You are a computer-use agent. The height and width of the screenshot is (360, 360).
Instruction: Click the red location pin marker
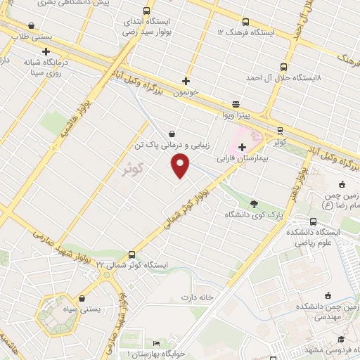[x=181, y=165]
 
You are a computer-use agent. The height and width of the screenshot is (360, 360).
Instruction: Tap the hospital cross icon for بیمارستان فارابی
[x=243, y=147]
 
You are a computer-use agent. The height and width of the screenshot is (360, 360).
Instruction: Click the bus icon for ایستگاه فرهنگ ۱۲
[x=245, y=22]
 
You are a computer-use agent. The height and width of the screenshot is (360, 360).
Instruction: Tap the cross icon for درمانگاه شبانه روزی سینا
[x=46, y=51]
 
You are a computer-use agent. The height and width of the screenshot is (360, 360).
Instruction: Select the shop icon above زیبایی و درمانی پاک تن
[x=172, y=134]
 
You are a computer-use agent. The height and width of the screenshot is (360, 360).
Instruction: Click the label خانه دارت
[x=199, y=296]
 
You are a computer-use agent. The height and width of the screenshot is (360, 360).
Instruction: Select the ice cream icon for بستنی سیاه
[x=82, y=298]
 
